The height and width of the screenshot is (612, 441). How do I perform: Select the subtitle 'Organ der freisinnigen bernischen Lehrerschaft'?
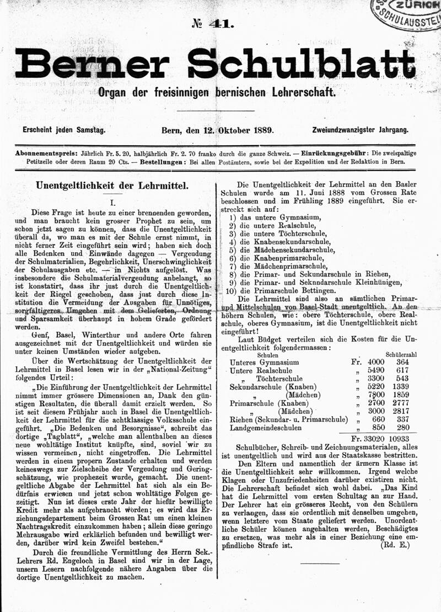pos(216,93)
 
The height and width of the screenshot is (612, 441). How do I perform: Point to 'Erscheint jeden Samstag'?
pos(63,130)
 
